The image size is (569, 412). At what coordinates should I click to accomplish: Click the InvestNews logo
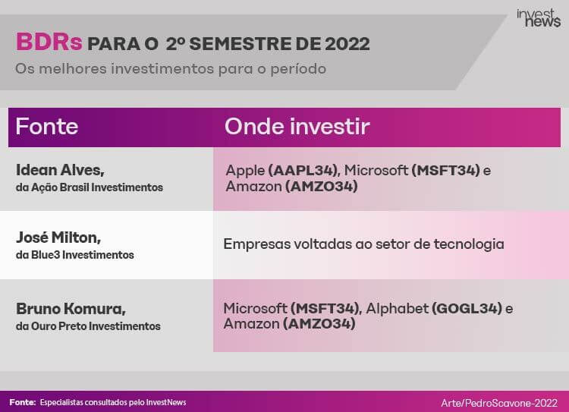[x=539, y=17]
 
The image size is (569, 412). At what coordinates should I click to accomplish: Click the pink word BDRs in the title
[x=49, y=42]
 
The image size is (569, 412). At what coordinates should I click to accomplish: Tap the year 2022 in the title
[x=347, y=44]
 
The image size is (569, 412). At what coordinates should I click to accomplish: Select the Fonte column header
[x=47, y=126]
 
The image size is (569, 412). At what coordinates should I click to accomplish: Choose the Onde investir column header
[x=297, y=126]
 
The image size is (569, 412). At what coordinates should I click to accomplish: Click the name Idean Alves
[x=60, y=170]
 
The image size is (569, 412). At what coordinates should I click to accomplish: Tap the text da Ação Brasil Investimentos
[x=90, y=187]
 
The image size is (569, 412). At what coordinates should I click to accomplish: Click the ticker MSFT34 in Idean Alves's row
[x=446, y=170]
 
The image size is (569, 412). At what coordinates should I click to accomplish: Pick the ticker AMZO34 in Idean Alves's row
[x=322, y=187]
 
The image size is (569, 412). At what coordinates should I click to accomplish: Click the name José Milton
[x=58, y=237]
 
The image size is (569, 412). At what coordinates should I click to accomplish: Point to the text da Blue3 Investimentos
[x=75, y=255]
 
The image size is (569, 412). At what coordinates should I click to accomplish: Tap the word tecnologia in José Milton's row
[x=469, y=244]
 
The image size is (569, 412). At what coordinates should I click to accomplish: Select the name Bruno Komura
[x=71, y=309]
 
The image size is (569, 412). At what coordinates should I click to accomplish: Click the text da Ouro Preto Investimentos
[x=88, y=326]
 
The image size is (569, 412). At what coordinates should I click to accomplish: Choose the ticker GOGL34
[x=467, y=309]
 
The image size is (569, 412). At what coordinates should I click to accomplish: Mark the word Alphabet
[x=398, y=309]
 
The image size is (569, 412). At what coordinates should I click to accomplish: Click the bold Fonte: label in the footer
[x=23, y=402]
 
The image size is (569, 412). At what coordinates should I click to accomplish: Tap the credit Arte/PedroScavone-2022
[x=499, y=403]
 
